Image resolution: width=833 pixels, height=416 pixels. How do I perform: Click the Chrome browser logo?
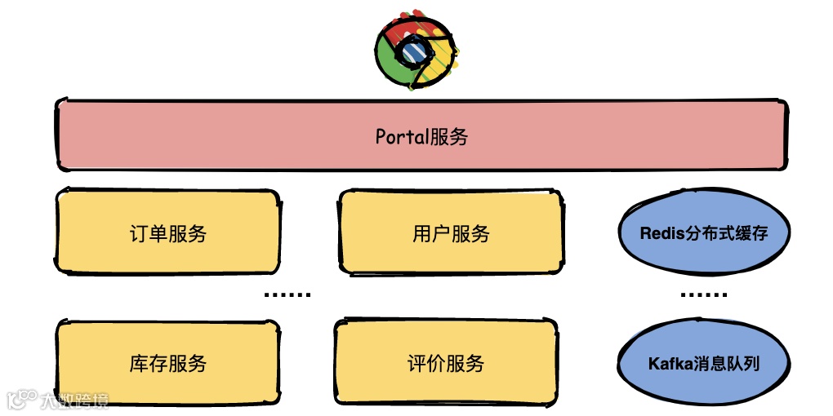coord(416,51)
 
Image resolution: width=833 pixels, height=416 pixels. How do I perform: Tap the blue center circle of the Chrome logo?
coord(413,51)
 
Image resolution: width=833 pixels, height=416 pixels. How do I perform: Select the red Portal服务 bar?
coord(421,135)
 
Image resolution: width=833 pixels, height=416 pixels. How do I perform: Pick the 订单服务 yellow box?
coord(167,233)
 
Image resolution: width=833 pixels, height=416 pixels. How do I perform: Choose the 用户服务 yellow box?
coord(451,233)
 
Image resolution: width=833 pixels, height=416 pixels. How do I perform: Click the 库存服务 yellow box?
coord(167,363)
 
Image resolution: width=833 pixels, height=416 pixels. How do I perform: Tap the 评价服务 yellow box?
coord(446,363)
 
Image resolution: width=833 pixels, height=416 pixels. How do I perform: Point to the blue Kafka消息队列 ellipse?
coord(703,363)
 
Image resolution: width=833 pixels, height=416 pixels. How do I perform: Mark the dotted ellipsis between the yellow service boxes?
coord(288,294)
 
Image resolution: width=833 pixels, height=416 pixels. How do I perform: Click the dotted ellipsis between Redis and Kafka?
coord(703,294)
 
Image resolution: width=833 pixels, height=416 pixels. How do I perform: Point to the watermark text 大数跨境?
coord(75,400)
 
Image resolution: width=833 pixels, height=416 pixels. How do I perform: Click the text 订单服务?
coord(167,234)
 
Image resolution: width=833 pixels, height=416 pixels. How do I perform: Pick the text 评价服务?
coord(446,363)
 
